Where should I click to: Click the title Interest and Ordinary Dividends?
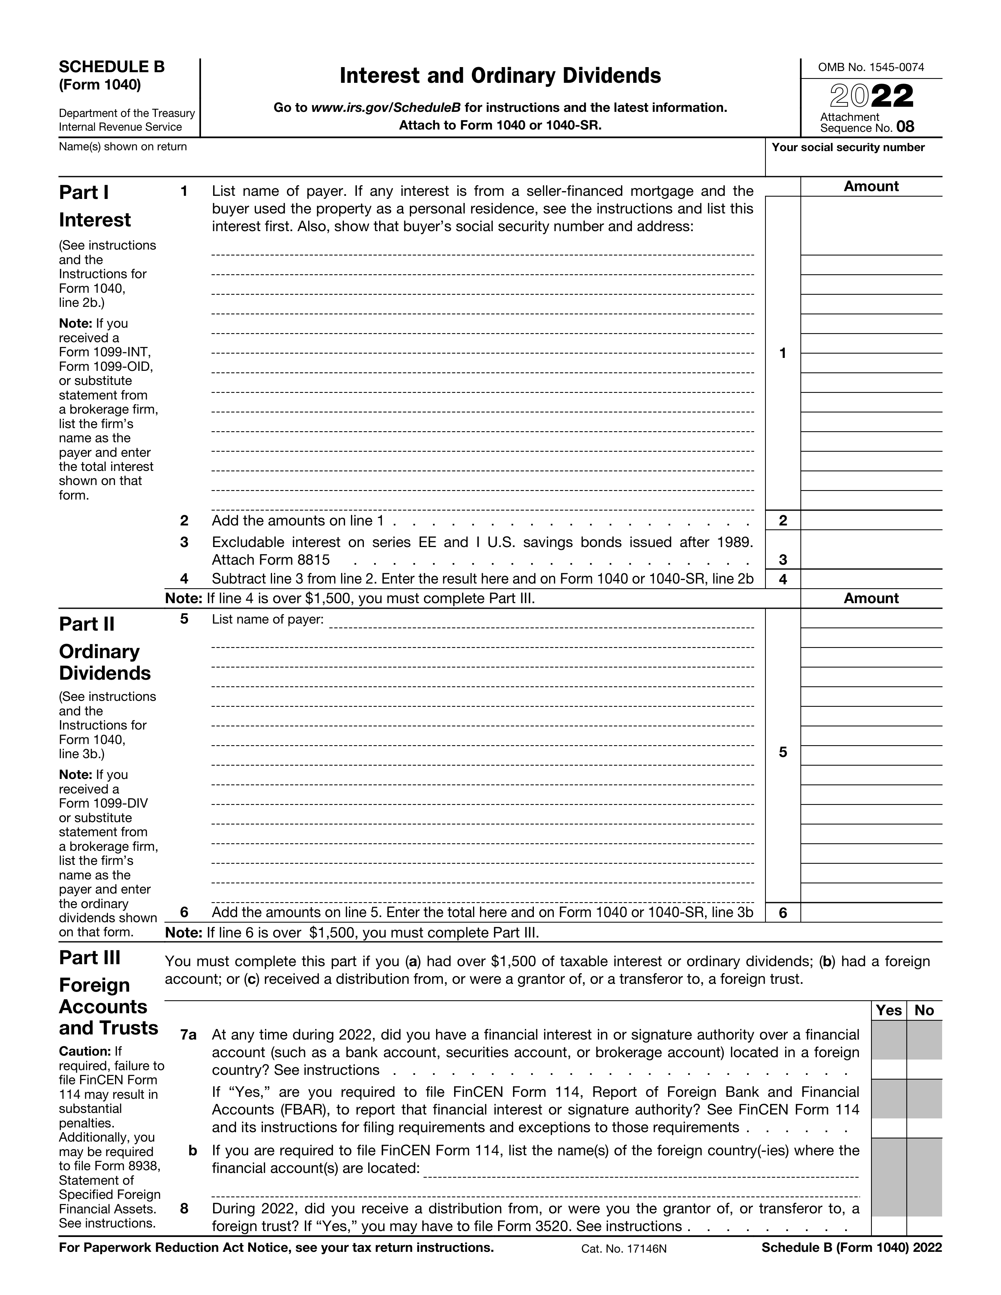click(x=500, y=76)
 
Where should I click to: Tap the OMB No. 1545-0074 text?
click(x=871, y=67)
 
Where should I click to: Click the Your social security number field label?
click(x=848, y=148)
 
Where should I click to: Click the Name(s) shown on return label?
click(x=123, y=147)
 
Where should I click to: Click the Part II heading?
click(x=87, y=624)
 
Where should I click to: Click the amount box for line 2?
click(x=871, y=521)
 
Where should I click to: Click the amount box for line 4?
click(x=871, y=579)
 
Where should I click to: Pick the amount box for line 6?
click(x=871, y=912)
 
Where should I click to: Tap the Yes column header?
click(x=888, y=1010)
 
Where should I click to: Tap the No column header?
click(x=924, y=1010)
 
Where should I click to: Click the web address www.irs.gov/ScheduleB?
click(x=386, y=108)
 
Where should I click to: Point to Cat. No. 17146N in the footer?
click(x=624, y=1249)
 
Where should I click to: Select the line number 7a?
click(x=188, y=1035)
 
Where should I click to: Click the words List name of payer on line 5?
click(x=267, y=620)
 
